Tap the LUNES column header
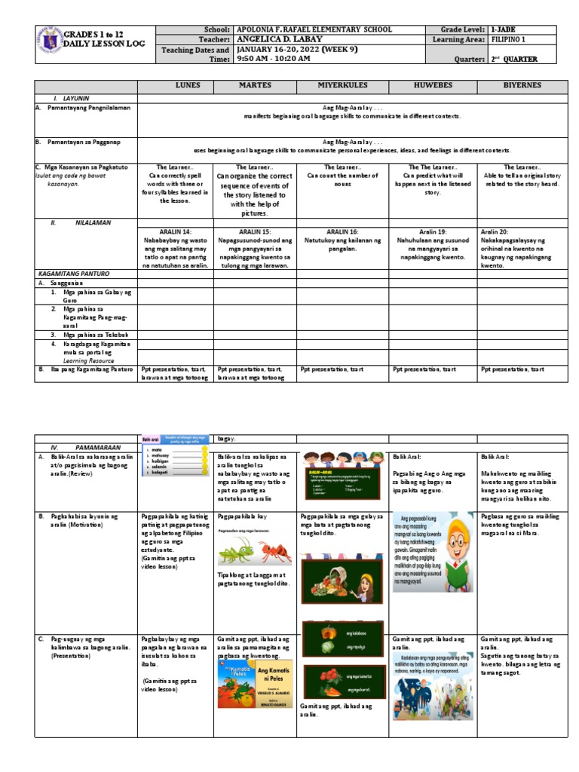175,86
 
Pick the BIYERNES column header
522,86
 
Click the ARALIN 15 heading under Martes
253,231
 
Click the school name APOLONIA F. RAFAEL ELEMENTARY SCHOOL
314,29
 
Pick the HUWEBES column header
432,86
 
